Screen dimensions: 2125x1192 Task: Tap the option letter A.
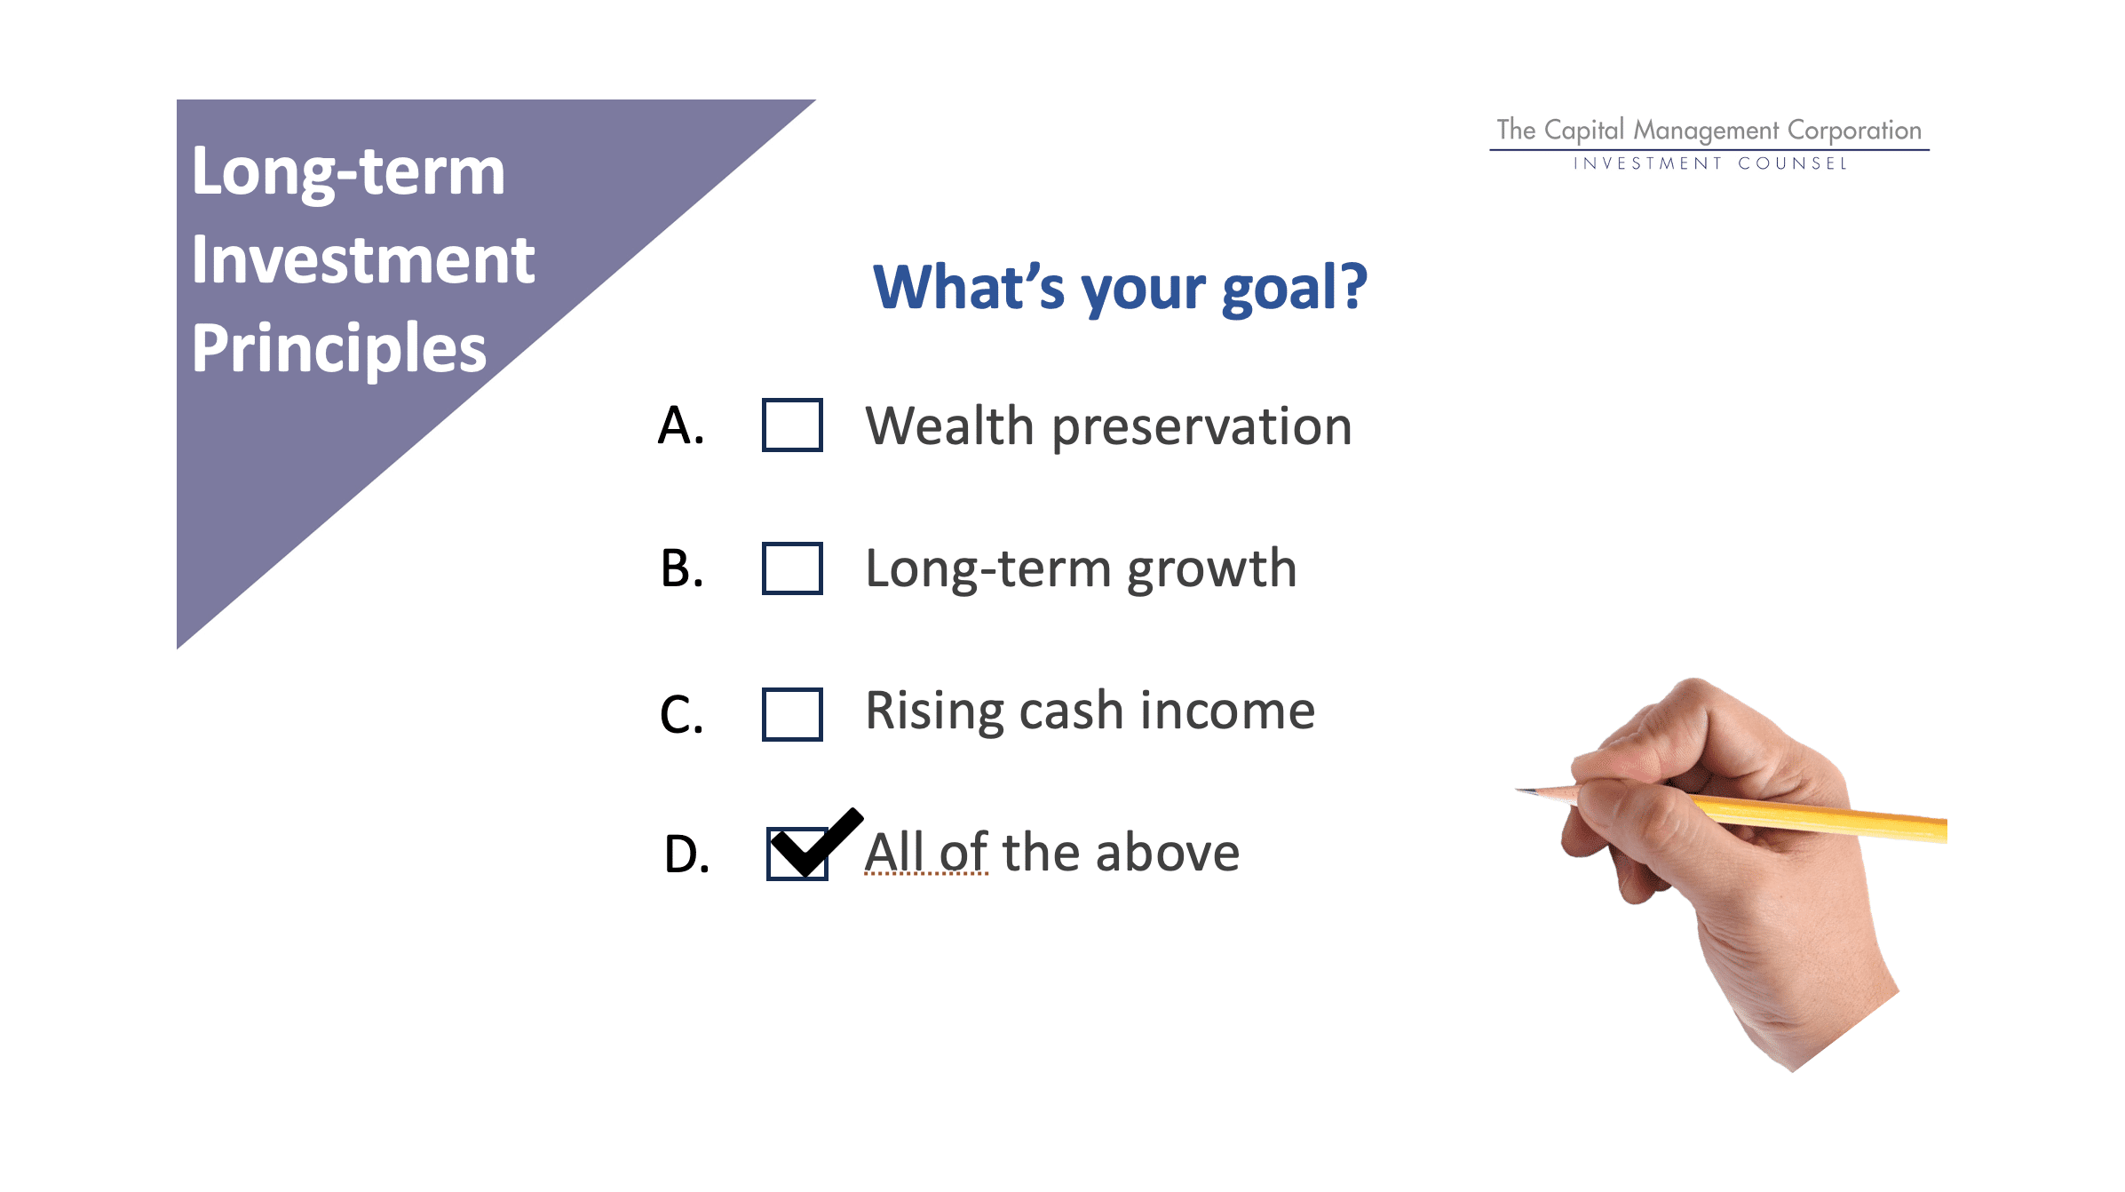coord(681,425)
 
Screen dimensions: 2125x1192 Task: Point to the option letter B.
coord(681,568)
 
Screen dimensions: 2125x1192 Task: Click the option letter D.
coord(686,854)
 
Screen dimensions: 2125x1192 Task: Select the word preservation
coord(1202,427)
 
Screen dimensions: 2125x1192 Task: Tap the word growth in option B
coord(1212,570)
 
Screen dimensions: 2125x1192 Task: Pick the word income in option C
coord(1227,711)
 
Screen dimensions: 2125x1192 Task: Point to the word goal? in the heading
coord(1295,289)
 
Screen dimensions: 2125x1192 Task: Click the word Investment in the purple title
coord(363,259)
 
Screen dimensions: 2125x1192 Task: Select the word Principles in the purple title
coord(339,350)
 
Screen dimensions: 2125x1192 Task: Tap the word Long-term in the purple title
coord(348,172)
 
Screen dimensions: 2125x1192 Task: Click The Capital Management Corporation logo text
coord(1709,131)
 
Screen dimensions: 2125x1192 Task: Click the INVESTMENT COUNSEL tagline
coord(1710,163)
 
